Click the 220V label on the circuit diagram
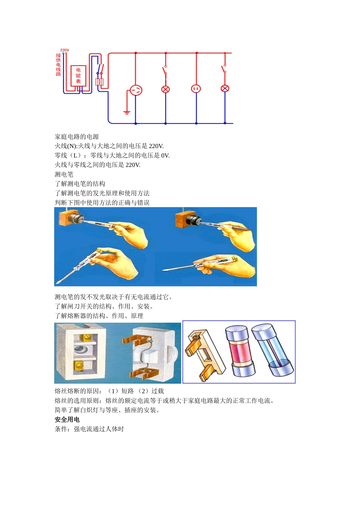(64, 50)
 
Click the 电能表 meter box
(78, 76)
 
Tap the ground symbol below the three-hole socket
(127, 112)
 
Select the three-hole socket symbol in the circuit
(136, 90)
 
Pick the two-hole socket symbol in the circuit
(196, 89)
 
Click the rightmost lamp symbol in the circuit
(225, 89)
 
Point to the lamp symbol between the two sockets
(166, 89)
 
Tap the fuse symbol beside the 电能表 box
(99, 82)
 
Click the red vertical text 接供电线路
(58, 65)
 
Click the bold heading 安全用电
(67, 420)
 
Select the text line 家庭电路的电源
(77, 137)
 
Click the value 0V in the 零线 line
(165, 156)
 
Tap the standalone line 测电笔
(64, 175)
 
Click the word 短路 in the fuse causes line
(127, 391)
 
